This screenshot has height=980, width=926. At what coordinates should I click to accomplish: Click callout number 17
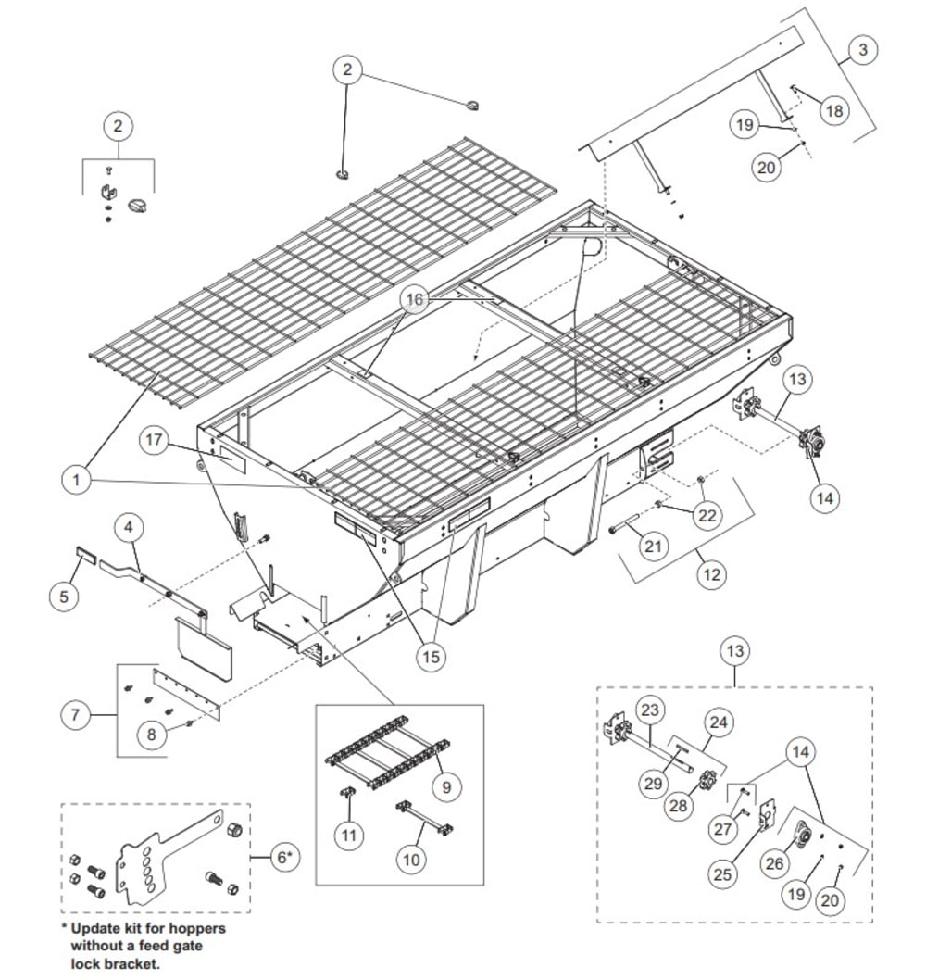point(154,440)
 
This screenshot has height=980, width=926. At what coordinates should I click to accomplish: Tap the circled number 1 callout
point(76,480)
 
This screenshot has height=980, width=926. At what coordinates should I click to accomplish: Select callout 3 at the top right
point(862,49)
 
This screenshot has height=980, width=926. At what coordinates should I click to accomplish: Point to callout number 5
point(64,597)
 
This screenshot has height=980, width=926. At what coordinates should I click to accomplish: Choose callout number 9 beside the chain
point(446,786)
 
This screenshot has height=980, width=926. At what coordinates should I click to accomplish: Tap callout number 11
point(349,835)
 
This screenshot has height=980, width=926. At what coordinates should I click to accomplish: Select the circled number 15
point(432,657)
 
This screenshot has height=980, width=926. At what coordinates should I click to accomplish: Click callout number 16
point(415,300)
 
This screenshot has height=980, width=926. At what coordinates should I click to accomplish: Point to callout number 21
point(653,547)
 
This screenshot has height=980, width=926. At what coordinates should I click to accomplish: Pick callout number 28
point(678,806)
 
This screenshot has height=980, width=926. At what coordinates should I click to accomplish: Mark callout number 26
point(774,863)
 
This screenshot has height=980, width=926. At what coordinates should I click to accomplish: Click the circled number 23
point(650,710)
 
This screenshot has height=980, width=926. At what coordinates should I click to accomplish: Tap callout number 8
point(151,734)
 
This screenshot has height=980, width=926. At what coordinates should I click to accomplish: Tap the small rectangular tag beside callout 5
point(86,554)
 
